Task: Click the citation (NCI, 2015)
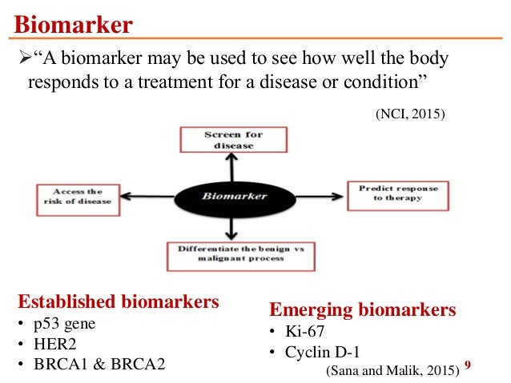[x=409, y=114]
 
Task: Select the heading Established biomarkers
[x=118, y=302]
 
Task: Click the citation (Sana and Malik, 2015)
[x=392, y=369]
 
